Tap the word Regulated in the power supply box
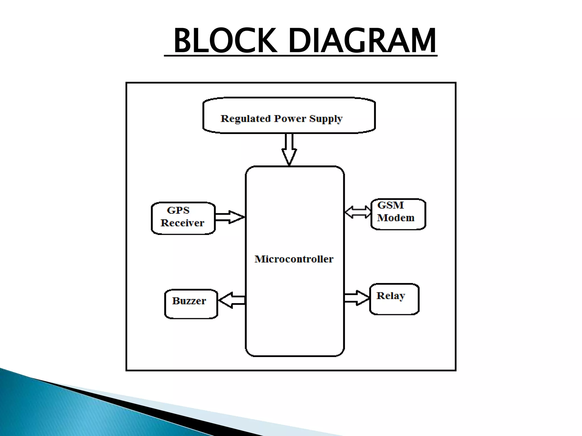245,118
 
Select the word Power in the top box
290,118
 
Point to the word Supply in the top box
326,119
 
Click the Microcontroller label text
294,259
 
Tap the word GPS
178,210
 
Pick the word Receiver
182,223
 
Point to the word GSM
390,205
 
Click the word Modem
396,218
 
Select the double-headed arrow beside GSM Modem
358,212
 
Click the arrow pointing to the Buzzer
232,300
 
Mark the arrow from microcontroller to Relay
357,298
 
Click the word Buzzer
189,301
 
